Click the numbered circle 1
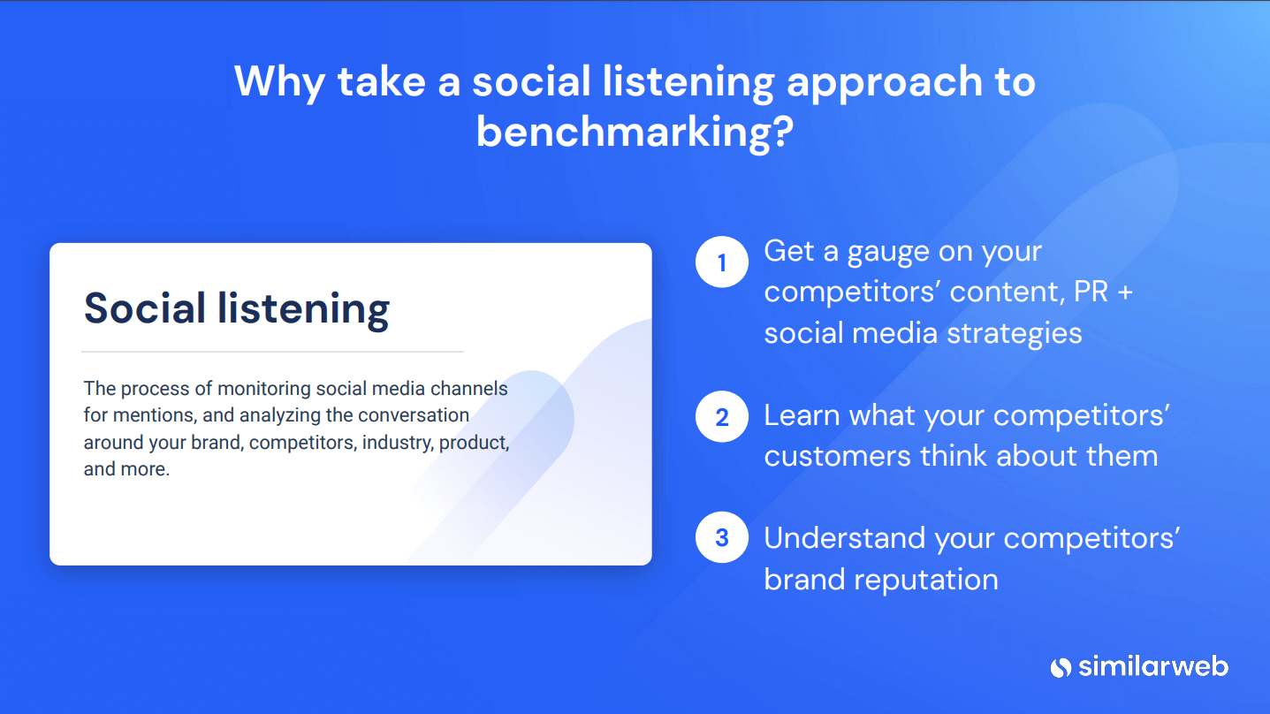point(722,262)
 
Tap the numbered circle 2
point(722,416)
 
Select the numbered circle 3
point(722,537)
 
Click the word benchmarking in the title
point(635,133)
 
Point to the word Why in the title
point(279,83)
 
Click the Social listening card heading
point(237,308)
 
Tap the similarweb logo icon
point(1061,667)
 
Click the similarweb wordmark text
point(1153,666)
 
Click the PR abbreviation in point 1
point(1091,292)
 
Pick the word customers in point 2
point(837,456)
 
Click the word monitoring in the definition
point(264,389)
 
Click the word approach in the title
point(885,83)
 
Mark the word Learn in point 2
point(802,415)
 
